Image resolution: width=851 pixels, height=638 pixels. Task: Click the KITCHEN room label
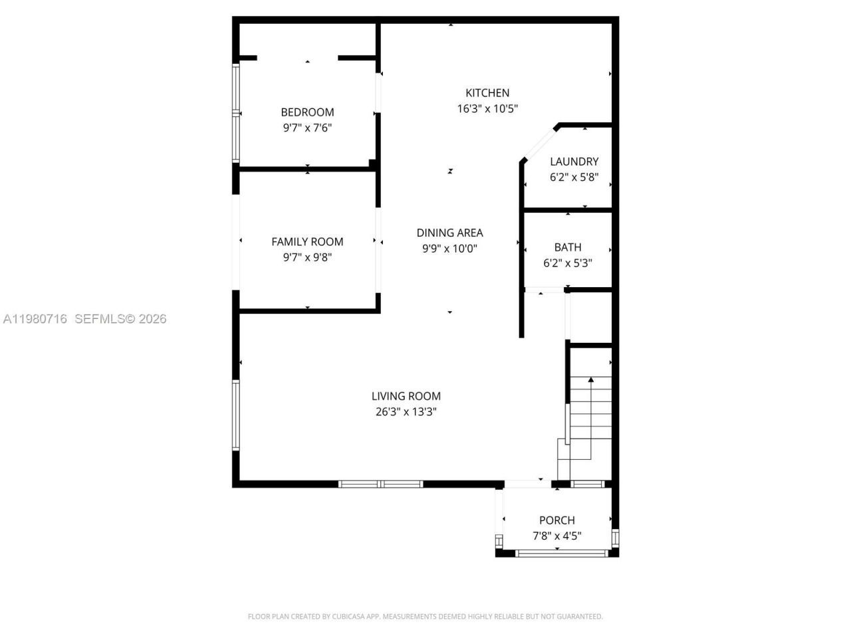point(487,93)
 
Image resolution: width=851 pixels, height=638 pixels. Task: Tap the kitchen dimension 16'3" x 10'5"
point(487,109)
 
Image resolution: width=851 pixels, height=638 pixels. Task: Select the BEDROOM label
point(307,112)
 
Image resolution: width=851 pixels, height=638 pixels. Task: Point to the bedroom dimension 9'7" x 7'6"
point(307,128)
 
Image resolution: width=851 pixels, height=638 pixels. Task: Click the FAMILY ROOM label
point(307,242)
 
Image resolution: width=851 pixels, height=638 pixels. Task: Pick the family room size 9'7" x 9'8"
point(307,258)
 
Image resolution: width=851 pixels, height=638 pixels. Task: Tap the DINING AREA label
point(449,233)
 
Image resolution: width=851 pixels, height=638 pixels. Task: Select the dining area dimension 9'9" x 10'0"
point(449,249)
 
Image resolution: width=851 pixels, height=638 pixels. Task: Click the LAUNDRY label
point(574,161)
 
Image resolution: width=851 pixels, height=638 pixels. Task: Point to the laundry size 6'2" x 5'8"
point(574,177)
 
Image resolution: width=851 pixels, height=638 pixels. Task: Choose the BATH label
point(568,247)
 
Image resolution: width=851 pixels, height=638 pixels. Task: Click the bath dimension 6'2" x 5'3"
point(568,263)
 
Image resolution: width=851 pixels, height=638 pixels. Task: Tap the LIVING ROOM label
point(406,396)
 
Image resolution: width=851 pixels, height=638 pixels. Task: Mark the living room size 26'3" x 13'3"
point(406,412)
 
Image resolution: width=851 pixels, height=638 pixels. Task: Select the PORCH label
point(557,520)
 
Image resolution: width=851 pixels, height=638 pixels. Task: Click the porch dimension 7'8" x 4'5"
point(557,536)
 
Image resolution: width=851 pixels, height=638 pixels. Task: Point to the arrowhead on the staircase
point(590,380)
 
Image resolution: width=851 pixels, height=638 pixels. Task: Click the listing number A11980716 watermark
point(35,319)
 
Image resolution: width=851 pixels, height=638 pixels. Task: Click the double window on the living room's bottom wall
point(380,484)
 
